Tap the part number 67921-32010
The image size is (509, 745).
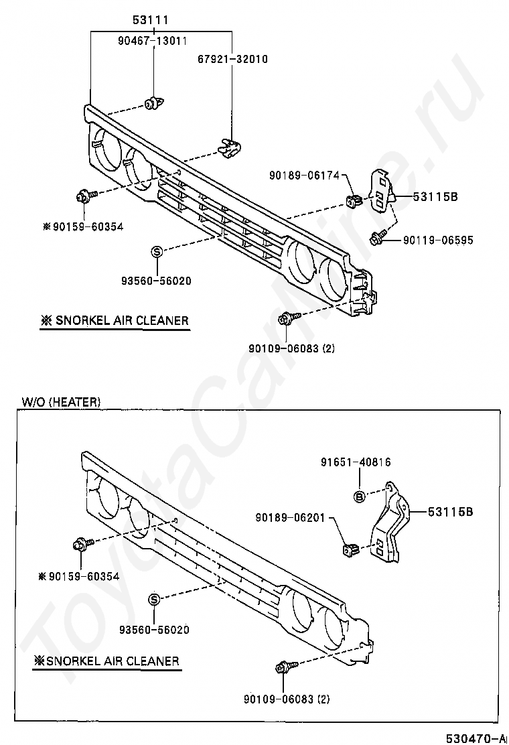coord(232,59)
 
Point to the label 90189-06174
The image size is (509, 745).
coord(301,175)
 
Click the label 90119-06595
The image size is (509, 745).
coord(437,239)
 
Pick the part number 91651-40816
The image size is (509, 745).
coord(355,462)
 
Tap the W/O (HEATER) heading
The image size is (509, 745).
coord(61,402)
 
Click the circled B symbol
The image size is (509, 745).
coord(359,496)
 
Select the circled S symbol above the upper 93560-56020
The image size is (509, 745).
coord(157,252)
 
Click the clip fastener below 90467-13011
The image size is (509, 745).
coord(153,104)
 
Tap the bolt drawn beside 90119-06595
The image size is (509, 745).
coord(376,236)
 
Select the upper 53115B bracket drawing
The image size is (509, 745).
coord(380,188)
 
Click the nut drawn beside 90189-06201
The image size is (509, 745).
coord(349,550)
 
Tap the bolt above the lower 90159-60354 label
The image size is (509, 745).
coord(82,543)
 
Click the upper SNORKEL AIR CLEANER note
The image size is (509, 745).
coord(115,321)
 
